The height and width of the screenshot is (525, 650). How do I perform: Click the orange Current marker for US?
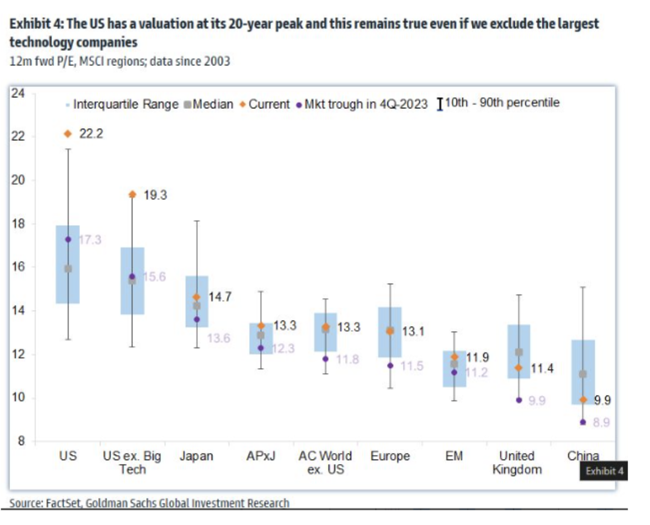coord(68,133)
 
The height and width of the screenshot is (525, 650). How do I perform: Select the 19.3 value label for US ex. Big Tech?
coord(155,195)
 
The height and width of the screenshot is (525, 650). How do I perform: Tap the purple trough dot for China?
coord(583,422)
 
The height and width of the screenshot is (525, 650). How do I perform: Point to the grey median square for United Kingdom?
coord(519,352)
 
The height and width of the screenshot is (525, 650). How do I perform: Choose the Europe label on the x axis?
coord(390,456)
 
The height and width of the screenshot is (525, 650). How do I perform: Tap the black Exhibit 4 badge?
coord(604,471)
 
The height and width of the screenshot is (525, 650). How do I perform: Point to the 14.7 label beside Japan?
coord(220,297)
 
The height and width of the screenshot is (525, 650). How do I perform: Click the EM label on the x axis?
coord(454,456)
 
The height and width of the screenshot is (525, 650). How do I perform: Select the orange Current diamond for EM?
coord(455,356)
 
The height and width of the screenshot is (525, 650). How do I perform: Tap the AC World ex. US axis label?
coord(325,462)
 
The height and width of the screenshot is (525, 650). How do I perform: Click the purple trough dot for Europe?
coord(390,365)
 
